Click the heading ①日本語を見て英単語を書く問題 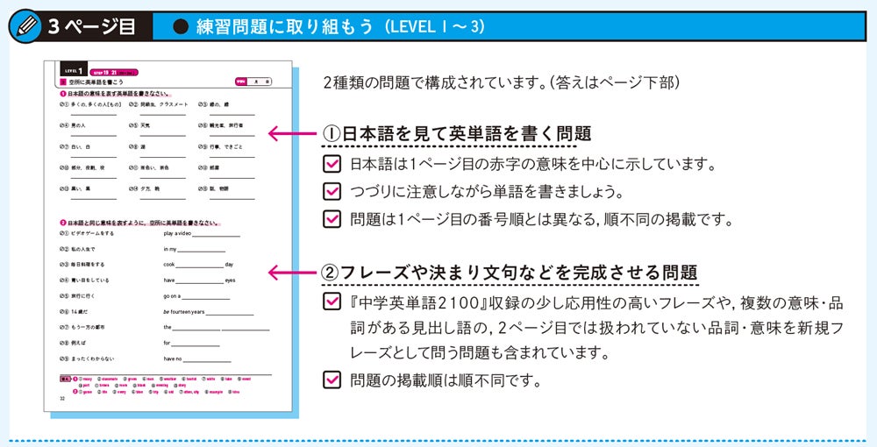(457, 133)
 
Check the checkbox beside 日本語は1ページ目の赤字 (332, 163)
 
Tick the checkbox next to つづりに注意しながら (332, 191)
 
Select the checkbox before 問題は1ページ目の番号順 (332, 218)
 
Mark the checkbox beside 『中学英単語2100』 (332, 302)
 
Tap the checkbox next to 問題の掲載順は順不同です (332, 380)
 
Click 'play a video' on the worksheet (177, 234)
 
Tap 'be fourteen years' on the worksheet (183, 311)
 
